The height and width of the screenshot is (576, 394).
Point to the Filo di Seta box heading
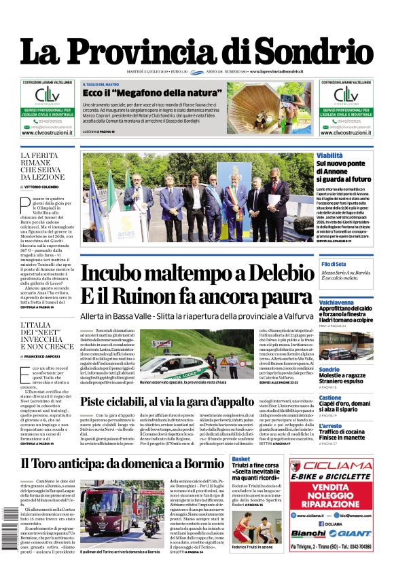pos(334,263)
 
